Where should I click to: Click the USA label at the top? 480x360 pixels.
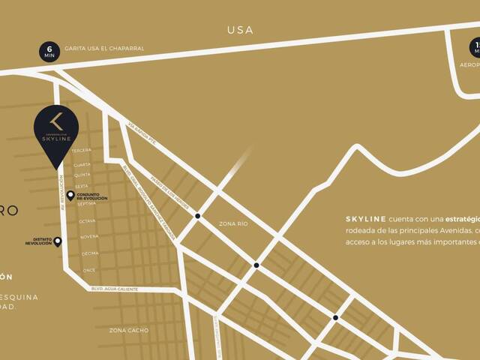point(240,30)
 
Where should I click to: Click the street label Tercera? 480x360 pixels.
point(81,150)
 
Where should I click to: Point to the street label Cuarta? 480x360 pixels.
point(82,164)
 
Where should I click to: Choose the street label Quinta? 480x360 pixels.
point(82,175)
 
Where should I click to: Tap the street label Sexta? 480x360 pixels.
point(82,186)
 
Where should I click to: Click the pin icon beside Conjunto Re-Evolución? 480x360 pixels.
point(70,196)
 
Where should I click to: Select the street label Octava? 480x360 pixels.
point(87,221)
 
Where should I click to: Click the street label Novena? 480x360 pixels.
point(88,237)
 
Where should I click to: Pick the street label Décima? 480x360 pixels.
point(89,253)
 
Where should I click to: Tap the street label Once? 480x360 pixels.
point(89,270)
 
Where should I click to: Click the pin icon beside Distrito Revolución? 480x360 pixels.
point(58,241)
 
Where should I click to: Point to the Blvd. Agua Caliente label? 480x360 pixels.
point(117,288)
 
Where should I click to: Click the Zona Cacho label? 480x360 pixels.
point(129,330)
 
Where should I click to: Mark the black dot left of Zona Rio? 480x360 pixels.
point(198,216)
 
